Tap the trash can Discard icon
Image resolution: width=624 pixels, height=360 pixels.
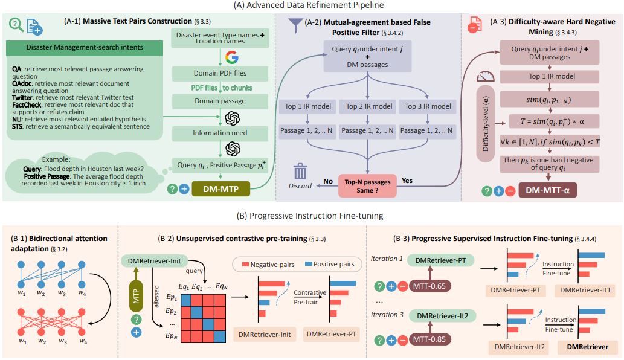[x=300, y=173]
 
